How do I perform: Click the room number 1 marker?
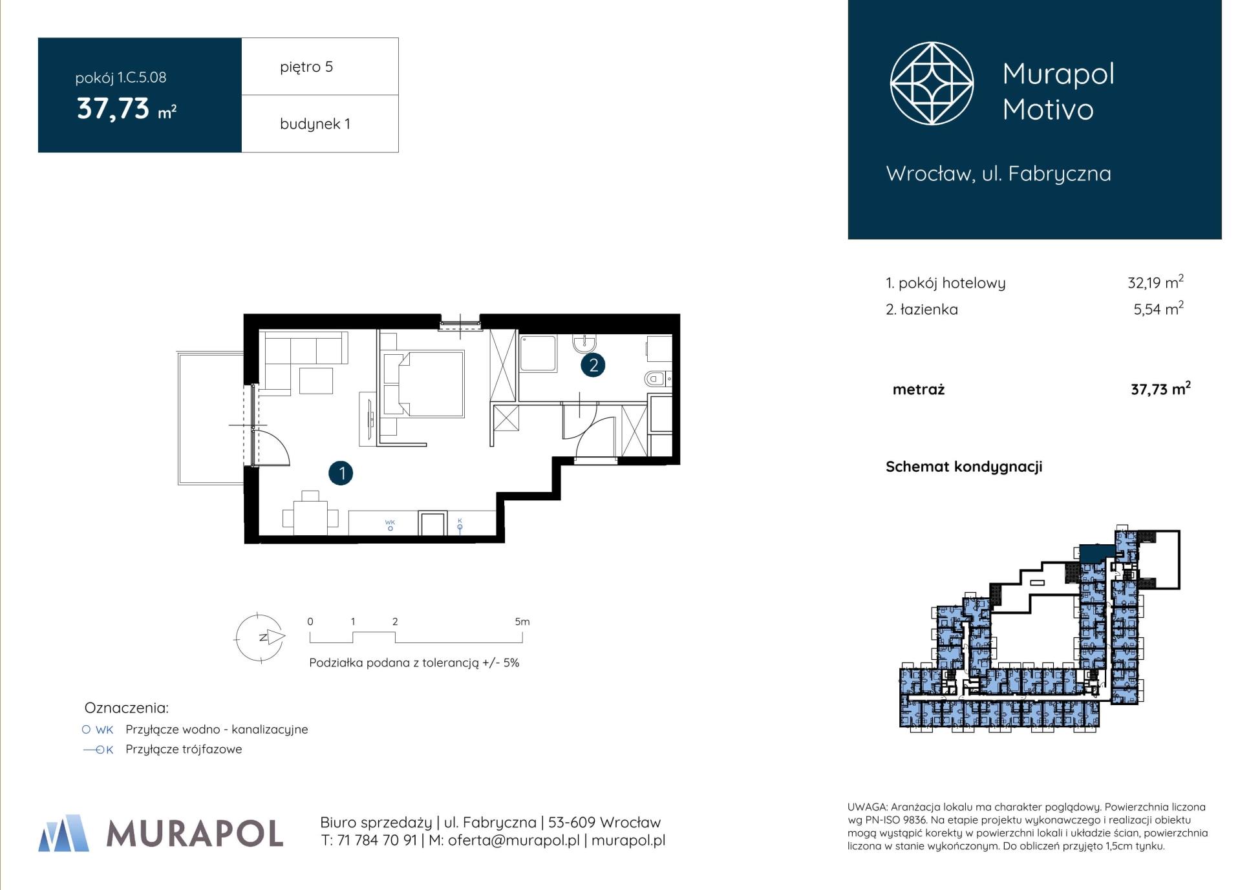(341, 473)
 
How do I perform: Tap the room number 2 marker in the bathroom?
(593, 365)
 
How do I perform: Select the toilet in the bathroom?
(657, 379)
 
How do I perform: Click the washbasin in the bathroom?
(584, 343)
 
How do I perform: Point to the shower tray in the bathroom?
(538, 354)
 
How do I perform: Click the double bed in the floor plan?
(423, 383)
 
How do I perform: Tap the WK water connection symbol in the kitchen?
(390, 525)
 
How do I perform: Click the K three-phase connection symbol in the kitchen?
(460, 525)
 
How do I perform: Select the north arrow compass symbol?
(259, 638)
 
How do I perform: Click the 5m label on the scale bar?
(522, 622)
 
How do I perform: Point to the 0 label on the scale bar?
(310, 622)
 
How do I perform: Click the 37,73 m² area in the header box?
(127, 109)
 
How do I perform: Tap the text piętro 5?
(306, 67)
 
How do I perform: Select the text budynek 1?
(315, 123)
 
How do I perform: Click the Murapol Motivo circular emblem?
(932, 83)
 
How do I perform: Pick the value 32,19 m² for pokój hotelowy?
(1155, 282)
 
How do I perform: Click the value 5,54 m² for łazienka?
(1158, 308)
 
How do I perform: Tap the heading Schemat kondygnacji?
(964, 467)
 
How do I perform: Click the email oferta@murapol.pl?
(513, 840)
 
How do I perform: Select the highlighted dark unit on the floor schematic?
(1096, 553)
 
